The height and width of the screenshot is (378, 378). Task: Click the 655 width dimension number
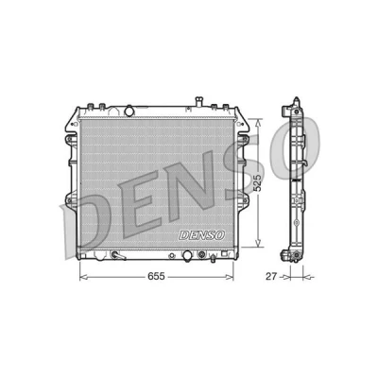(156, 276)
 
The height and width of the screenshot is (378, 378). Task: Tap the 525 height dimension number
(258, 183)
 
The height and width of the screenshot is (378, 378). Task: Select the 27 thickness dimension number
(271, 277)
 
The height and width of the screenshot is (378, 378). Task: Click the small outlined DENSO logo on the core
(201, 235)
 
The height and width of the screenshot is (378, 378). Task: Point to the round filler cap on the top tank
(129, 111)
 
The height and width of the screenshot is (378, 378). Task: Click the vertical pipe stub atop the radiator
(198, 102)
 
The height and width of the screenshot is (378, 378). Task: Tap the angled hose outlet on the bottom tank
(118, 255)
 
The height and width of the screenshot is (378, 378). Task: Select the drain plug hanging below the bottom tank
(214, 258)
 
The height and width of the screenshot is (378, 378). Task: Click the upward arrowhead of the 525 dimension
(258, 124)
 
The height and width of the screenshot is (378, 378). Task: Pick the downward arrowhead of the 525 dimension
(258, 243)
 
